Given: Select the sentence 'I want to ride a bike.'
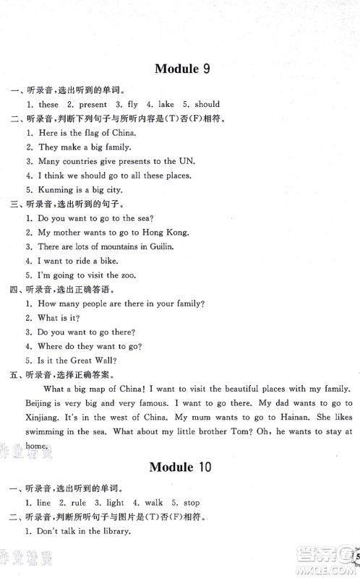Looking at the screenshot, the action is coord(77,261).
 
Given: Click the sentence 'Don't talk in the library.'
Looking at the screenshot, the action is coord(83,532).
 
